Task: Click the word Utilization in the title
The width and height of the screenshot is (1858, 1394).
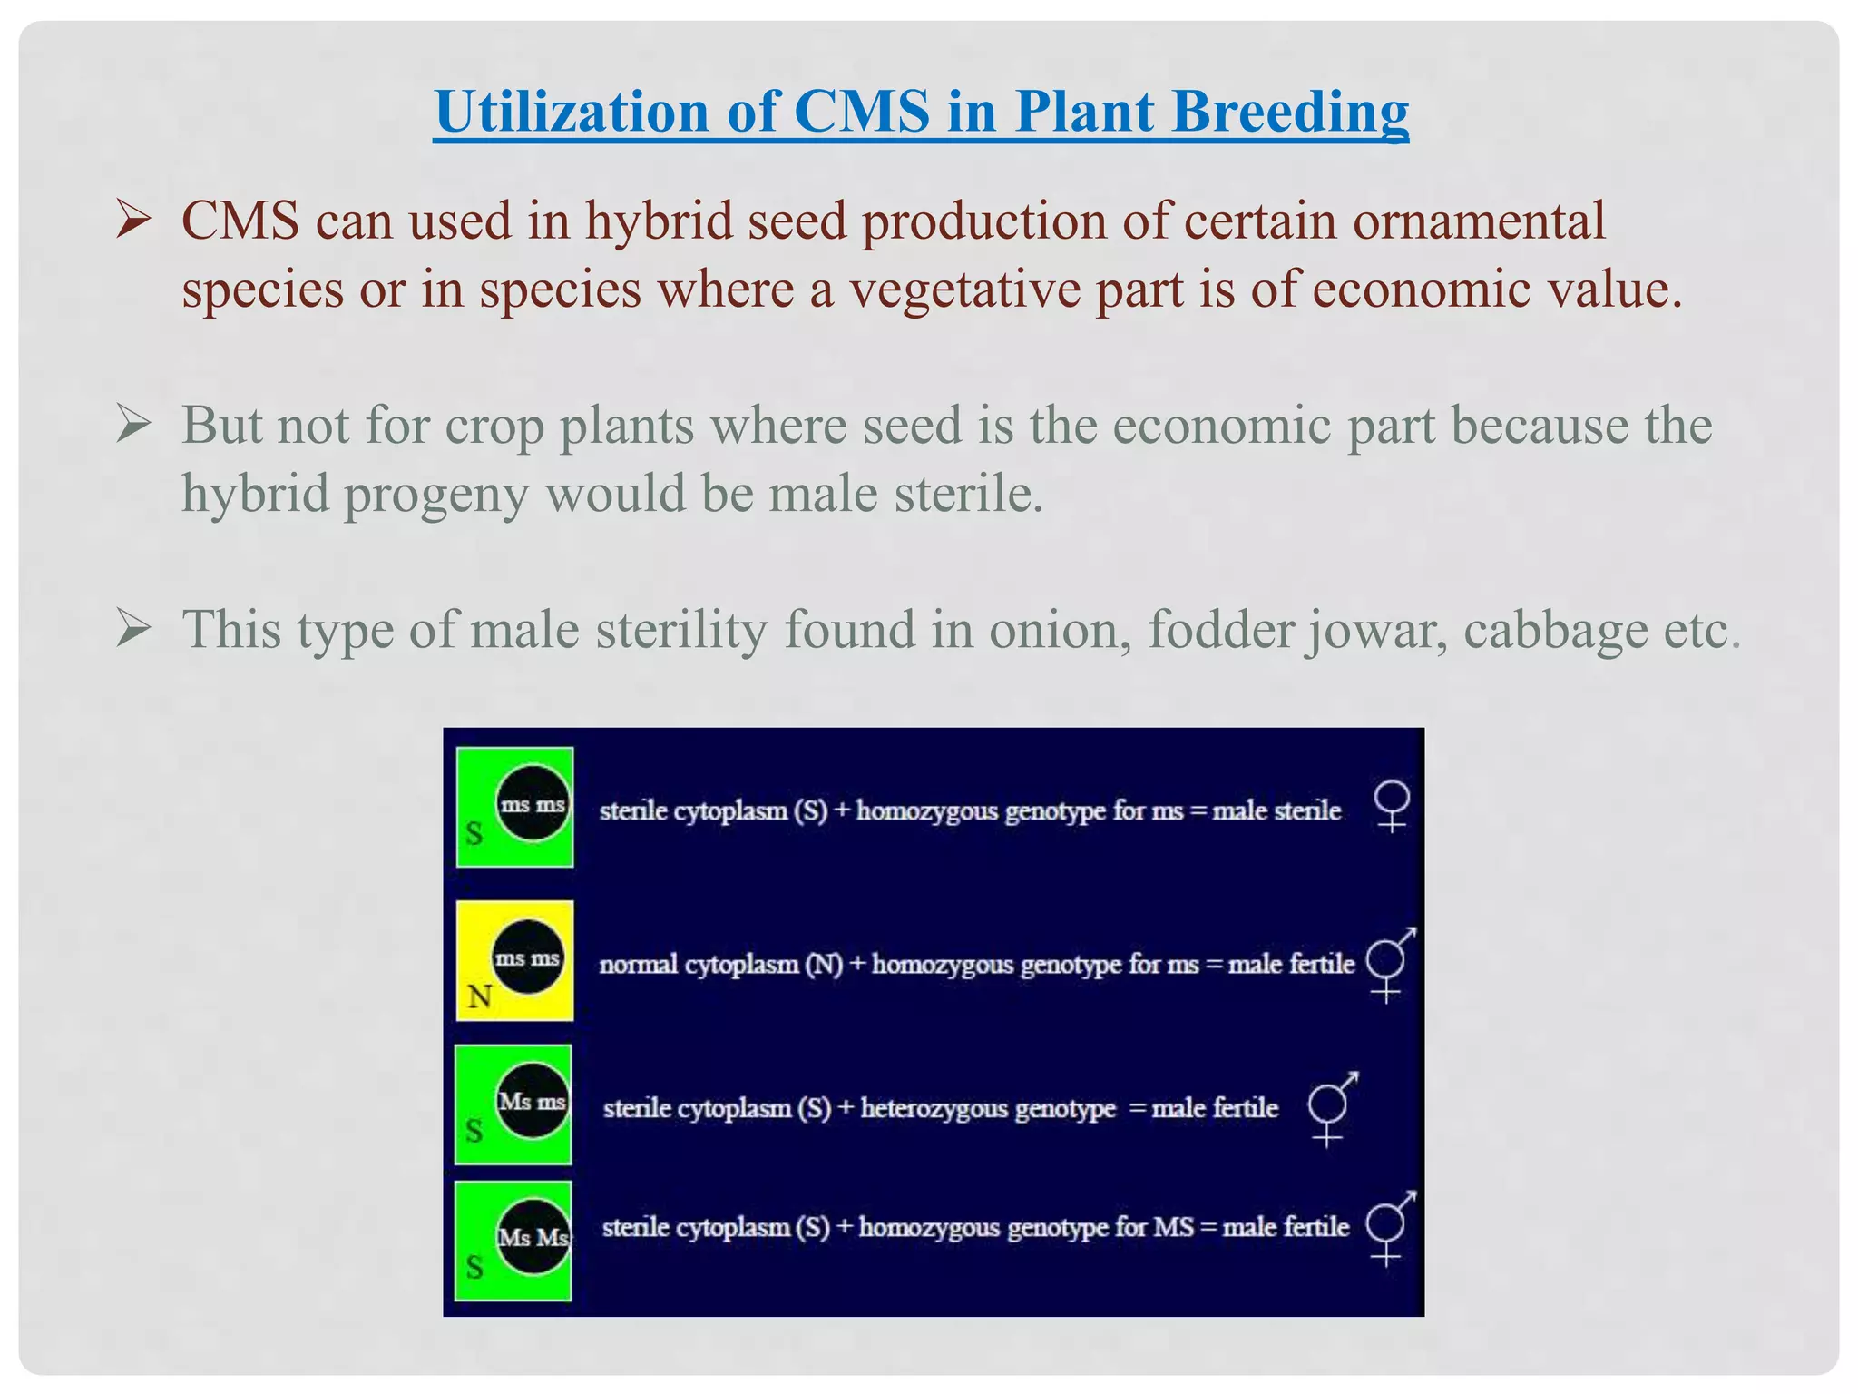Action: (571, 112)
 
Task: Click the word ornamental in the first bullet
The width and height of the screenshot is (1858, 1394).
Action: (1479, 221)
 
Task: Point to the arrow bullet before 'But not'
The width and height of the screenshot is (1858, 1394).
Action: (133, 425)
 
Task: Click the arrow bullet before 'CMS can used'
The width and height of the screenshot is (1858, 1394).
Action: (133, 221)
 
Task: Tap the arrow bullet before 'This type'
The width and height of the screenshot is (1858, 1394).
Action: (133, 629)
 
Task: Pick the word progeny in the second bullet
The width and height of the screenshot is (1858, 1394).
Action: (436, 496)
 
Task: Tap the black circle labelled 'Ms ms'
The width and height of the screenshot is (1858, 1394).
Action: (533, 1101)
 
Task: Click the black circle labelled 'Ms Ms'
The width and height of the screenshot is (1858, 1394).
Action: (533, 1236)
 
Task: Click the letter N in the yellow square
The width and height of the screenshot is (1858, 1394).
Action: (480, 997)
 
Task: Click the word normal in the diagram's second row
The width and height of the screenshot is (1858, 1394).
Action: (638, 964)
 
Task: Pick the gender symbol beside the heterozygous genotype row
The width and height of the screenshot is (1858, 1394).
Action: (1331, 1108)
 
